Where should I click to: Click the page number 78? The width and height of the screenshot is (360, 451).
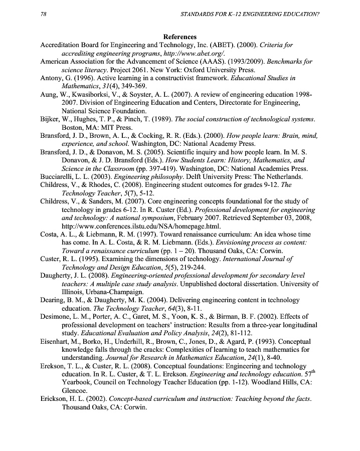[43, 14]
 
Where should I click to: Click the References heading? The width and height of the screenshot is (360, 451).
[179, 37]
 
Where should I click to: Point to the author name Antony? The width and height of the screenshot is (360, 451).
[53, 78]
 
